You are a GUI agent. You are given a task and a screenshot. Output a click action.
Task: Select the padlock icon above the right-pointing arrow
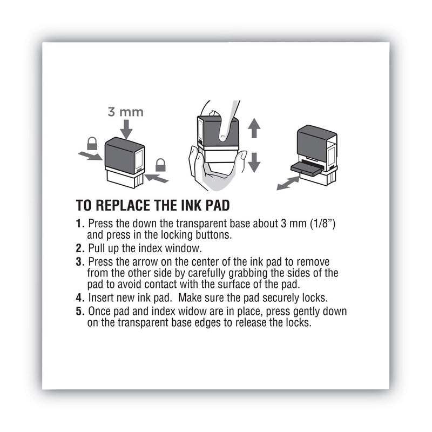92,143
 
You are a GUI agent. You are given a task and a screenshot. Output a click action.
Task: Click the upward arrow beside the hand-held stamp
254,129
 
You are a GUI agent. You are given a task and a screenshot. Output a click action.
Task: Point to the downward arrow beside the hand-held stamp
254,161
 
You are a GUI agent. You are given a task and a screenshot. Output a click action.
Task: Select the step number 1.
80,222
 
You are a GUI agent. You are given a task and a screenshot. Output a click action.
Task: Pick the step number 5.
80,312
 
